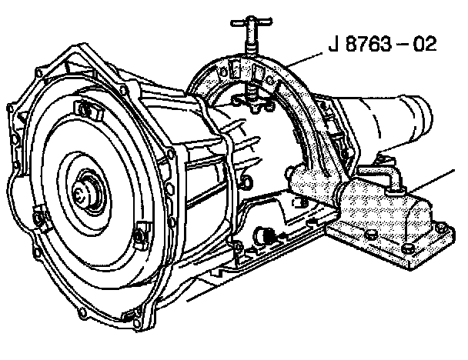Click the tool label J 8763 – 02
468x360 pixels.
click(383, 44)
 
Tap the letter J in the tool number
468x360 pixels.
click(333, 44)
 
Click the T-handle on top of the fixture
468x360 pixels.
click(251, 22)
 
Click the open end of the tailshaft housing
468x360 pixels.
click(423, 117)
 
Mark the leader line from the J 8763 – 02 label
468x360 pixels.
click(304, 60)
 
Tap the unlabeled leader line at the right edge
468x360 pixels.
click(432, 180)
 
